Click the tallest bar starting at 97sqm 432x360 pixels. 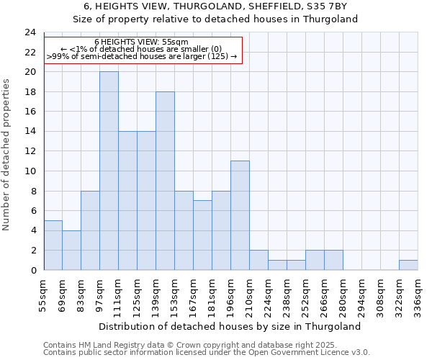pos(109,171)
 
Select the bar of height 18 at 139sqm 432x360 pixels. pos(165,181)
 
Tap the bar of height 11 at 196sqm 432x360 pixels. pos(240,215)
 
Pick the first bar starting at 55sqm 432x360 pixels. pos(53,245)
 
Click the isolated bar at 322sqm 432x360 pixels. pos(408,265)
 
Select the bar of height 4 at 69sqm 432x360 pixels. pos(71,250)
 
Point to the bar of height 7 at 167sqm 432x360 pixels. pos(202,235)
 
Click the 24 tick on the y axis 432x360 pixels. pos(30,32)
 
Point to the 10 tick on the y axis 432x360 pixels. pos(30,171)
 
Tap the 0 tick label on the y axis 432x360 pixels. pos(32,271)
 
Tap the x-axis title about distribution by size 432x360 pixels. pos(230,326)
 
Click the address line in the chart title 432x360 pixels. pos(216,6)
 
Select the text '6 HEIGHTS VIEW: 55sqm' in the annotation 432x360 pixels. pos(141,42)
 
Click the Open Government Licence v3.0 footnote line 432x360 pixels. pos(207,353)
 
